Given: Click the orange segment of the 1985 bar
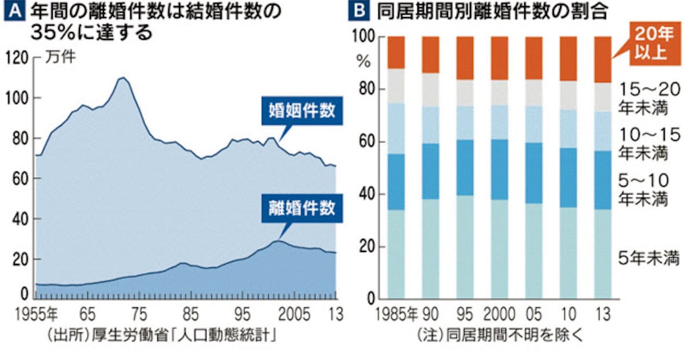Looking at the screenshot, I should [396, 52].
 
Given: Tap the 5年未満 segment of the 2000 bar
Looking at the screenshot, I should [500, 249].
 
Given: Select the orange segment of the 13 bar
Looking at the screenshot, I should [604, 59].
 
